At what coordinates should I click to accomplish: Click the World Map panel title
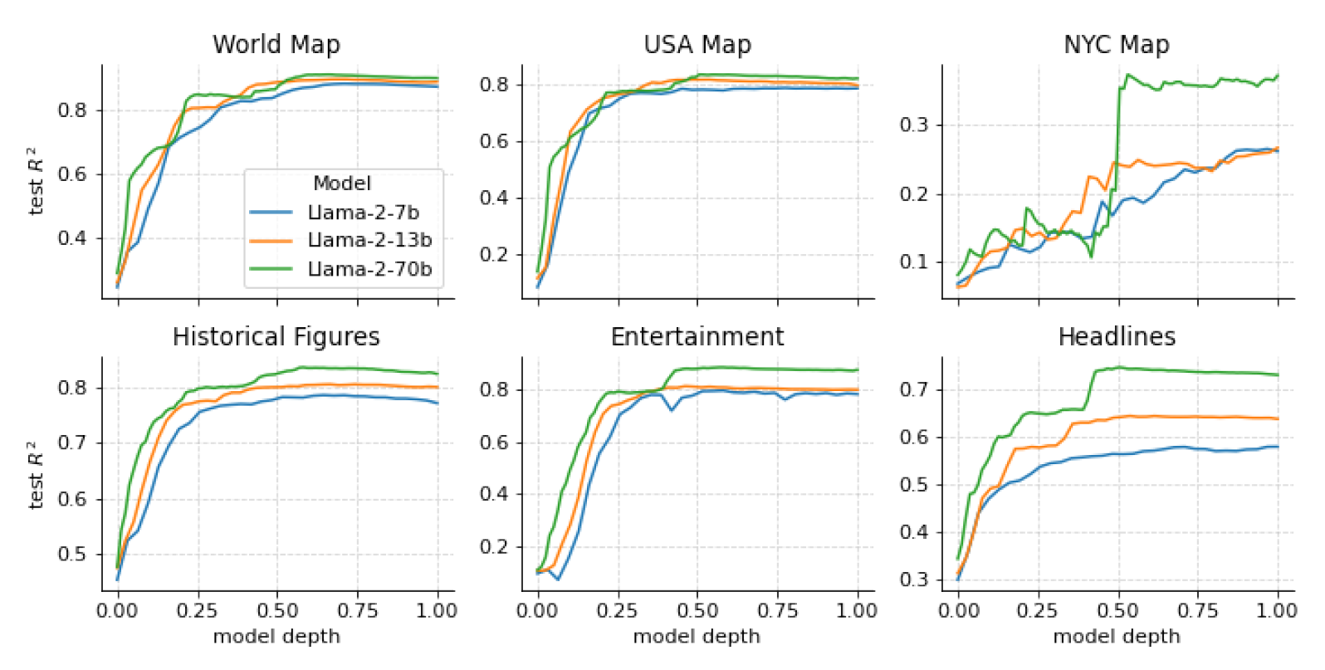tap(276, 44)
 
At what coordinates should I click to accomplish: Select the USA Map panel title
tap(697, 44)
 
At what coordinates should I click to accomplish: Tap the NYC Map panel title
tap(1117, 44)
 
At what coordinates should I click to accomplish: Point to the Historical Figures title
tap(276, 336)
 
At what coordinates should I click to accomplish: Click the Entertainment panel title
tap(697, 336)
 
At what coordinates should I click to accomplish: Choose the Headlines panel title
tap(1117, 336)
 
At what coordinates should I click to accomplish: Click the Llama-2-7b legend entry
tap(363, 213)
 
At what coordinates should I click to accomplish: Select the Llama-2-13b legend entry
tap(369, 240)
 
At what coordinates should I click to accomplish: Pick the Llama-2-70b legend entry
tap(369, 269)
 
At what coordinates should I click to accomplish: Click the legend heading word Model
tap(342, 183)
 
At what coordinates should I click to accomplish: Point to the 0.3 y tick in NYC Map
tap(914, 125)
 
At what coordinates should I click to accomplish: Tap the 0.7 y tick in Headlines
tap(914, 389)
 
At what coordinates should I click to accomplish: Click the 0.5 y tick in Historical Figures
tap(72, 554)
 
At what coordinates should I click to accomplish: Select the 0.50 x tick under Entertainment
tap(697, 611)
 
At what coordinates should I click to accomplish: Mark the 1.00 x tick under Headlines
tap(1277, 611)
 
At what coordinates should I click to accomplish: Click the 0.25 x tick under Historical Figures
tap(197, 611)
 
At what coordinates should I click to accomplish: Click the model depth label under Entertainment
tap(697, 637)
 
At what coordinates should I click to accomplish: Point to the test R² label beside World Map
tap(36, 181)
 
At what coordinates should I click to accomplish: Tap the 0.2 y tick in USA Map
tap(494, 254)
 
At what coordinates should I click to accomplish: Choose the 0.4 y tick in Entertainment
tap(494, 494)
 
